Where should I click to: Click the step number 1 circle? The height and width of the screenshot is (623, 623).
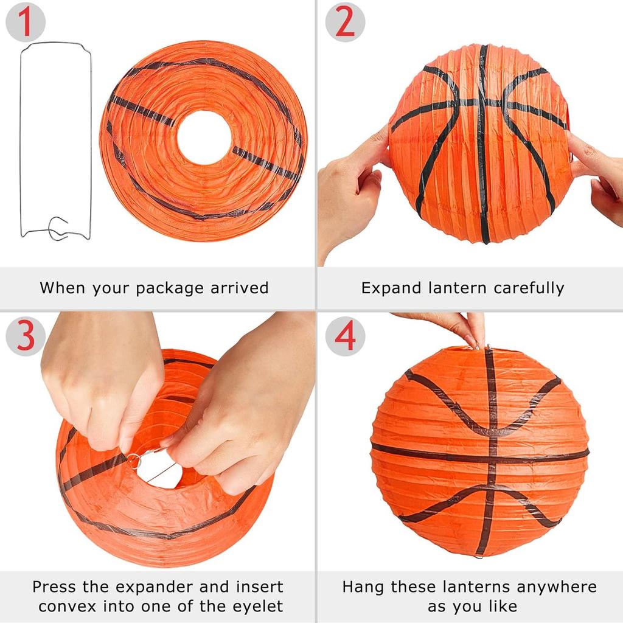point(25,23)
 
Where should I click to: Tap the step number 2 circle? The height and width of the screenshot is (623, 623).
point(345,23)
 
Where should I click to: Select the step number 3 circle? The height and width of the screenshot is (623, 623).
point(25,336)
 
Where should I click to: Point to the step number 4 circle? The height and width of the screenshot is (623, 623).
point(345,336)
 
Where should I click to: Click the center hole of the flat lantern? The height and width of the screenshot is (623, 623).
point(204,137)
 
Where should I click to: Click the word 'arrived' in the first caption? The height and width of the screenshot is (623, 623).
point(239,288)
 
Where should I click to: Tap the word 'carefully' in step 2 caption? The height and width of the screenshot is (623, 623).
point(529,288)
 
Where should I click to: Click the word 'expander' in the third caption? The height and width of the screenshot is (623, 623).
point(160,588)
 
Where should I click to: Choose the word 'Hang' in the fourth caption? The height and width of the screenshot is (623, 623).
point(363,588)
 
